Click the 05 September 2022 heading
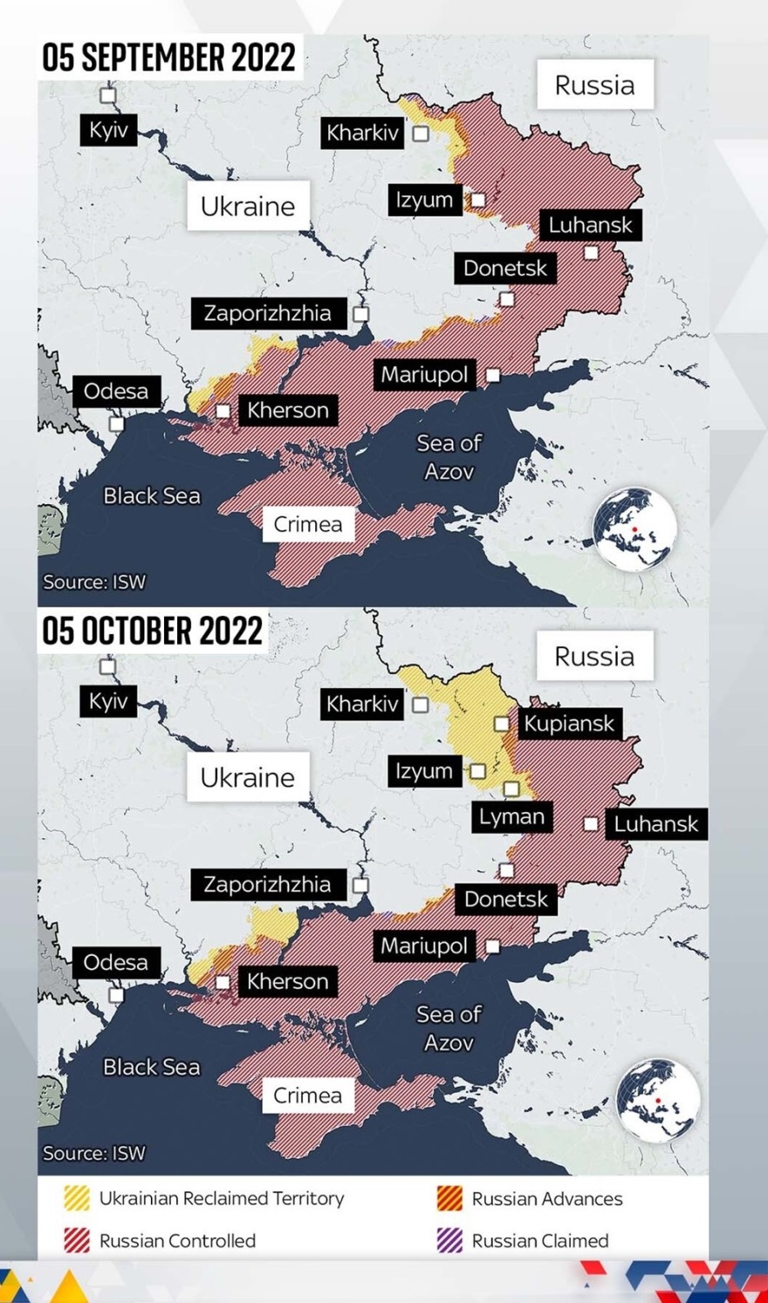(169, 58)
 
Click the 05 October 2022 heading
(153, 631)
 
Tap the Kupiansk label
(569, 723)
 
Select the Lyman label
(511, 817)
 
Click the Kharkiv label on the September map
(362, 133)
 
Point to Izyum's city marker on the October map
(477, 771)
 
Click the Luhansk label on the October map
(655, 824)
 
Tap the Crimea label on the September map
(307, 524)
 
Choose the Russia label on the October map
(594, 656)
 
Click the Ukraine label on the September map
(248, 206)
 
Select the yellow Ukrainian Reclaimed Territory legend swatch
(77, 1198)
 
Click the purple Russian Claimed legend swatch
(449, 1240)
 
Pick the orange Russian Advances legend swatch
(449, 1198)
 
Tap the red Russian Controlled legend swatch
(77, 1240)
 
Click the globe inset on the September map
(634, 529)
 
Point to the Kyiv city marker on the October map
(107, 667)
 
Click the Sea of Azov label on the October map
(449, 1028)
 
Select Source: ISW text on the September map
(94, 582)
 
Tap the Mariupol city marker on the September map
(493, 375)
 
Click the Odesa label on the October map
(115, 962)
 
